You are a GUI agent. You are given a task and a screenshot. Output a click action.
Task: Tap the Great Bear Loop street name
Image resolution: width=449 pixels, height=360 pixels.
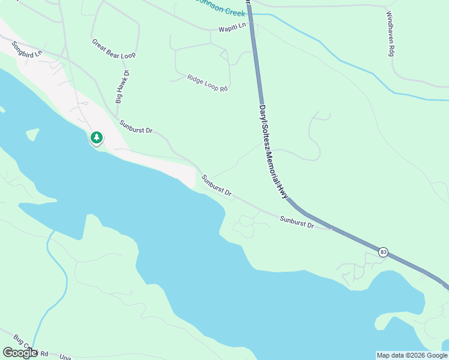click(113, 49)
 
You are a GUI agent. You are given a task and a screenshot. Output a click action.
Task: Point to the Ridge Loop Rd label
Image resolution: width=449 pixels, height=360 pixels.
click(208, 83)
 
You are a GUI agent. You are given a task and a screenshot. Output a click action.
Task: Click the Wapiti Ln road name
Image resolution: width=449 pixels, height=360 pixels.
click(232, 27)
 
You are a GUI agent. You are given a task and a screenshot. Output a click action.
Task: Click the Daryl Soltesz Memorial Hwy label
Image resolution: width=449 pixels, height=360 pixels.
click(273, 153)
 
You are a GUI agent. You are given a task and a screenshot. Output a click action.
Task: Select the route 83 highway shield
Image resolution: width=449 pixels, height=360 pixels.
click(384, 252)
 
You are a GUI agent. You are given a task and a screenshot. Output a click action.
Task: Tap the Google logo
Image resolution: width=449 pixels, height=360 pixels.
click(20, 353)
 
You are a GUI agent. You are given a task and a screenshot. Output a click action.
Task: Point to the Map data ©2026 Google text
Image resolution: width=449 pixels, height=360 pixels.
click(412, 355)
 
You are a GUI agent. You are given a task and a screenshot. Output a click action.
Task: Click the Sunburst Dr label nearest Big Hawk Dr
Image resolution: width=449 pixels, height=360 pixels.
click(136, 127)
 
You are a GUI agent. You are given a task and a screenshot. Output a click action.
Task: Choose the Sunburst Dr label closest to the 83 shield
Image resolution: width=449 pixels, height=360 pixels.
click(297, 221)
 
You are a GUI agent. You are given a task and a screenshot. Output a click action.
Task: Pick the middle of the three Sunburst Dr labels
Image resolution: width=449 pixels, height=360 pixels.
click(217, 186)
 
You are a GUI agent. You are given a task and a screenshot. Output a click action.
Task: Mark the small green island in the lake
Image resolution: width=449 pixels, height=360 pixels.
click(32, 134)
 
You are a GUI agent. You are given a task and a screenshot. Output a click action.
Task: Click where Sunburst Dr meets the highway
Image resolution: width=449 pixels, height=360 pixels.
click(331, 227)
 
